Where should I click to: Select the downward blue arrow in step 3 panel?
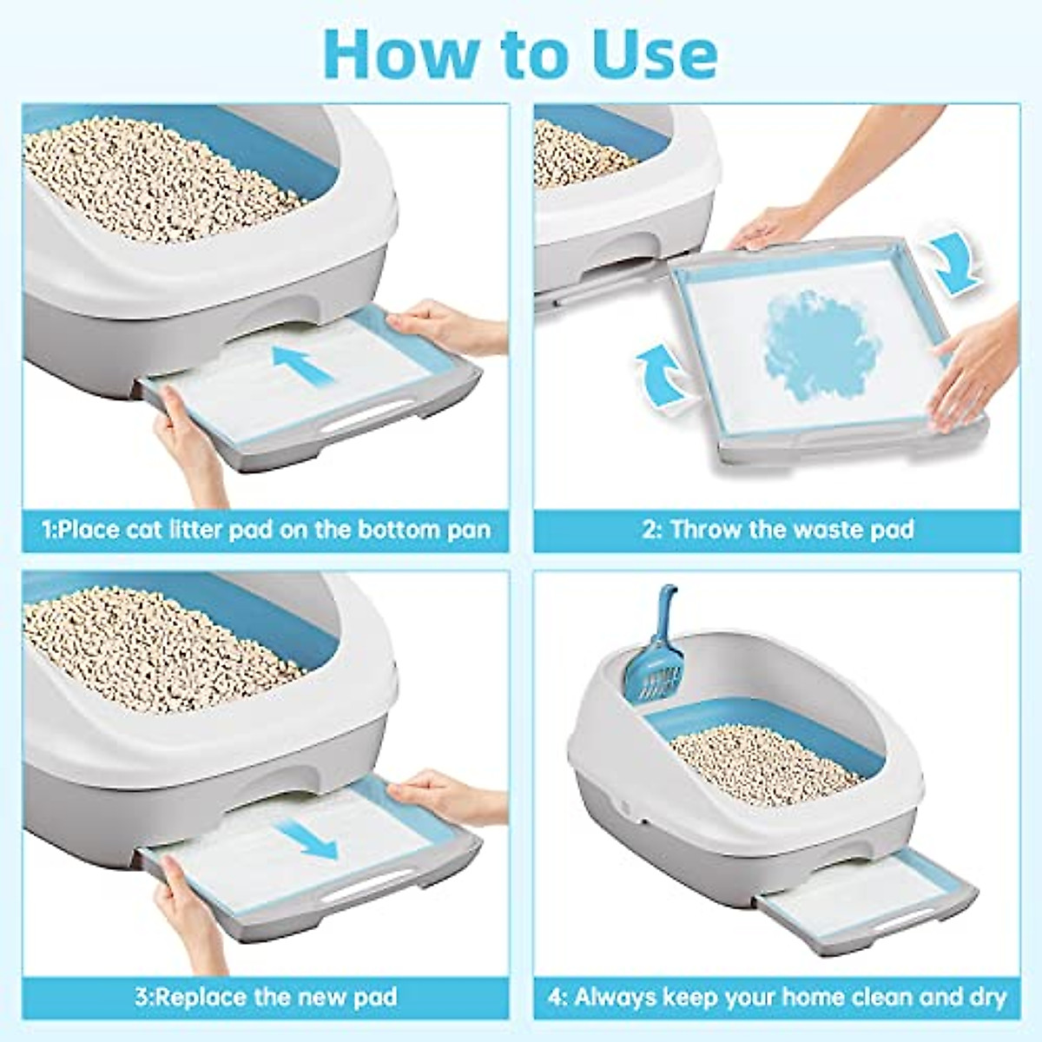(310, 837)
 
